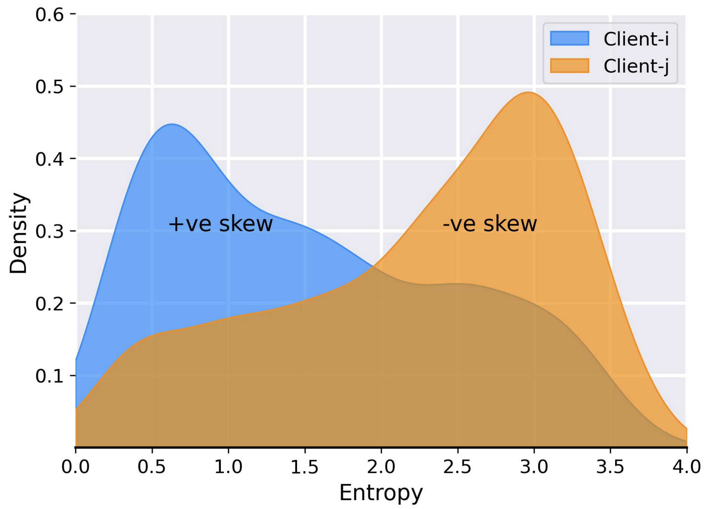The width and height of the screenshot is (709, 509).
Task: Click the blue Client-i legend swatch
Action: click(x=569, y=38)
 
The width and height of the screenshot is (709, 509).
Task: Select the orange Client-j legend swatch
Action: click(x=569, y=66)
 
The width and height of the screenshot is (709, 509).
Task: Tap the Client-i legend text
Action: click(x=636, y=39)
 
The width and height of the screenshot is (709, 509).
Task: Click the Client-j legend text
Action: click(x=636, y=66)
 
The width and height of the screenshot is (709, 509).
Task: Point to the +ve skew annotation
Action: click(x=220, y=224)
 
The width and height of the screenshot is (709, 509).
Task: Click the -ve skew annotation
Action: click(x=490, y=224)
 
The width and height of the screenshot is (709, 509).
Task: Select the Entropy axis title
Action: click(x=381, y=493)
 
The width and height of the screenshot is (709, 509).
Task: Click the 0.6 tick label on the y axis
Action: click(x=50, y=15)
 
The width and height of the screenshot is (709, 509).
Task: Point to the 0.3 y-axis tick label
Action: click(x=50, y=231)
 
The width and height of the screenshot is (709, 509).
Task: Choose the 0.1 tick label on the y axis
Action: click(x=50, y=376)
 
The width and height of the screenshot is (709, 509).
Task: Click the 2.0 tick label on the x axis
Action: click(x=381, y=467)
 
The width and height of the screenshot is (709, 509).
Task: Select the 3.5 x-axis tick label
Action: click(x=610, y=467)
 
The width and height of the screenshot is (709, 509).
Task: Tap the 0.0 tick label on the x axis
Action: click(x=75, y=467)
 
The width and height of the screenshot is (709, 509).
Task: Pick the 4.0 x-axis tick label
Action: click(x=686, y=467)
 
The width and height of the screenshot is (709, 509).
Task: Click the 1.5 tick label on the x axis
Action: click(x=305, y=467)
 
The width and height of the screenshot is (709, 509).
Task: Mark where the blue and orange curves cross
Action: click(x=373, y=267)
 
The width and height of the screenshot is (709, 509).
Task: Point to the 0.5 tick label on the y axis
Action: click(x=50, y=87)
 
